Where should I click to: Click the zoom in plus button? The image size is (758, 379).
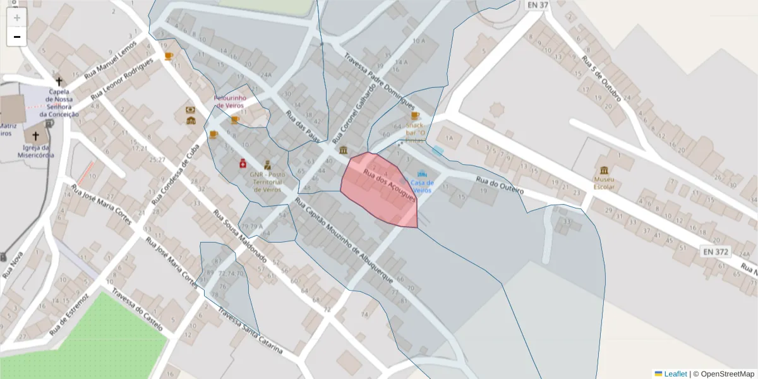16,18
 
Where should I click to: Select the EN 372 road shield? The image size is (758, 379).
715,252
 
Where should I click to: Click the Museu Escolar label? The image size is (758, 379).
604,183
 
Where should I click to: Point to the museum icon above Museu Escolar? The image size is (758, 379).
605,171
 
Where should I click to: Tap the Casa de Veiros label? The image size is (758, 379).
422,186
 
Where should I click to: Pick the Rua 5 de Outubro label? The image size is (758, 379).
601,78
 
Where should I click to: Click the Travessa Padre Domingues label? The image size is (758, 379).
379,81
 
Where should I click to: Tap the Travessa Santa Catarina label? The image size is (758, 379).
252,332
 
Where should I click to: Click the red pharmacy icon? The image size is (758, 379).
242,163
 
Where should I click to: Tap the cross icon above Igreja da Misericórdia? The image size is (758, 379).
35,136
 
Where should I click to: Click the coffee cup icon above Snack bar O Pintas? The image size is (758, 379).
415,116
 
